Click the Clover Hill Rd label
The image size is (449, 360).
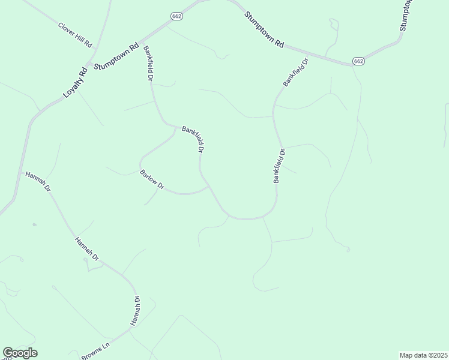(x=75, y=35)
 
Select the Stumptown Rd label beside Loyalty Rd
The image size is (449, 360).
(x=117, y=55)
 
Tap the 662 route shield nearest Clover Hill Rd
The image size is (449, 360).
(x=176, y=16)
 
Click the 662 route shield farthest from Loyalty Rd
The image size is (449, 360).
(x=358, y=61)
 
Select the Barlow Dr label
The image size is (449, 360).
(x=152, y=180)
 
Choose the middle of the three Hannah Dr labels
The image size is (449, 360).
(x=86, y=249)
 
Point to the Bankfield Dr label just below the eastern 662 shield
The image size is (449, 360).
(x=295, y=72)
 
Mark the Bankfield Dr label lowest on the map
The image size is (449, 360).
(x=278, y=166)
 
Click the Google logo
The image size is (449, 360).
(x=20, y=353)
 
